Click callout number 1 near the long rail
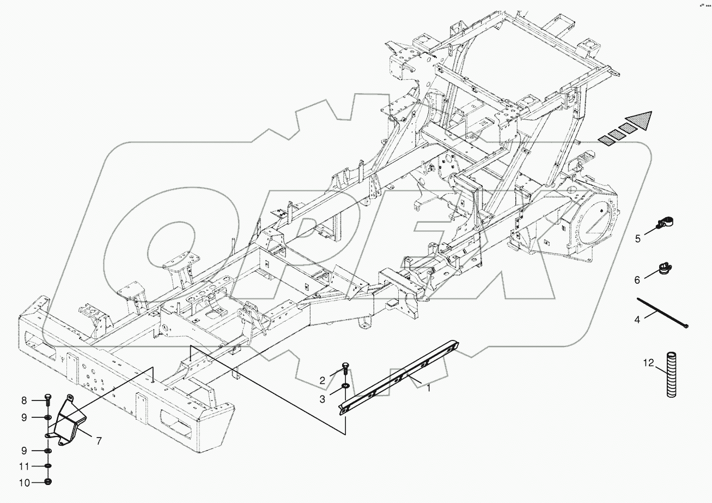(x=429, y=388)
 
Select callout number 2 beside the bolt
(x=322, y=380)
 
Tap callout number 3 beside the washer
(x=322, y=399)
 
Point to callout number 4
(x=637, y=320)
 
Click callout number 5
(x=638, y=238)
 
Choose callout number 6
(x=637, y=280)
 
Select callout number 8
(x=24, y=401)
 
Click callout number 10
(x=24, y=482)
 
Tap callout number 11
(x=24, y=466)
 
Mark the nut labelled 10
(x=48, y=482)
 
